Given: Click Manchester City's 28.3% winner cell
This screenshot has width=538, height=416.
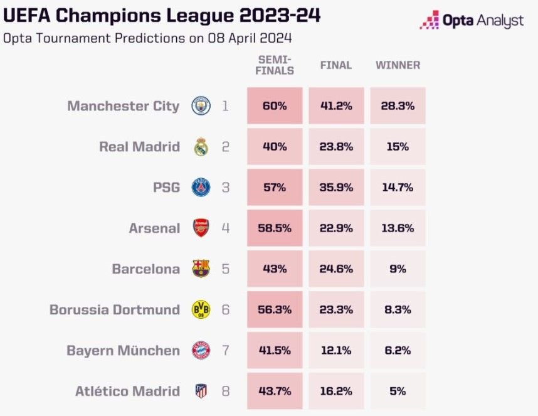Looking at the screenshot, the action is pos(398,105).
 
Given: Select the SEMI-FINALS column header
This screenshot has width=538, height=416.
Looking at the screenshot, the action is pos(275,65).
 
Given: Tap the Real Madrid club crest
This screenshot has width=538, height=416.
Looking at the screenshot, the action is pos(201,147).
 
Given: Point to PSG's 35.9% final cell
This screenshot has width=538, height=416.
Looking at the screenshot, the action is pos(336,188).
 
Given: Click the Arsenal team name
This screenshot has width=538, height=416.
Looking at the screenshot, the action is pos(154,228).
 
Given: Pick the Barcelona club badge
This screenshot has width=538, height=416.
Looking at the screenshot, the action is pos(201,269).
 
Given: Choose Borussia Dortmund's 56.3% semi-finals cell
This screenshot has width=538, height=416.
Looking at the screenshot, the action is pos(275,309).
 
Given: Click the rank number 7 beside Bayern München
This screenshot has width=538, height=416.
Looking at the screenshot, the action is pos(226,351).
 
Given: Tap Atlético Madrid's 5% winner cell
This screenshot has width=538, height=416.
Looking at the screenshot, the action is pos(398,391).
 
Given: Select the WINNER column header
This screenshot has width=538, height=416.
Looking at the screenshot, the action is pos(398,65).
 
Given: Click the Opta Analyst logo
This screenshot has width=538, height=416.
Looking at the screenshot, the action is pos(472,20).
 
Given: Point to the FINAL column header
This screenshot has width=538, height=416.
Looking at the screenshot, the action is pos(336,65).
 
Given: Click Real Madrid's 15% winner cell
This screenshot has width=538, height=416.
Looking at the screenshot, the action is pos(398,147).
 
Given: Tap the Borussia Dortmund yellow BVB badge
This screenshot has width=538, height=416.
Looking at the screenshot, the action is pos(201,309).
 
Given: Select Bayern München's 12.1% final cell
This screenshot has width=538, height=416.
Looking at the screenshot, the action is pos(336,351).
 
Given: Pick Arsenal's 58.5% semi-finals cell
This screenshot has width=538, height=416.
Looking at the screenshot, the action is pos(275,228).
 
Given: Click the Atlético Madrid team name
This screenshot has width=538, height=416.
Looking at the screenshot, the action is pos(128,391).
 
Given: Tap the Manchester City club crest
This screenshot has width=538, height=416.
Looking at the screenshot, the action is pos(201,105).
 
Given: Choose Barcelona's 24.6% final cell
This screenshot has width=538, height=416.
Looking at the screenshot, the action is pos(336,269).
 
